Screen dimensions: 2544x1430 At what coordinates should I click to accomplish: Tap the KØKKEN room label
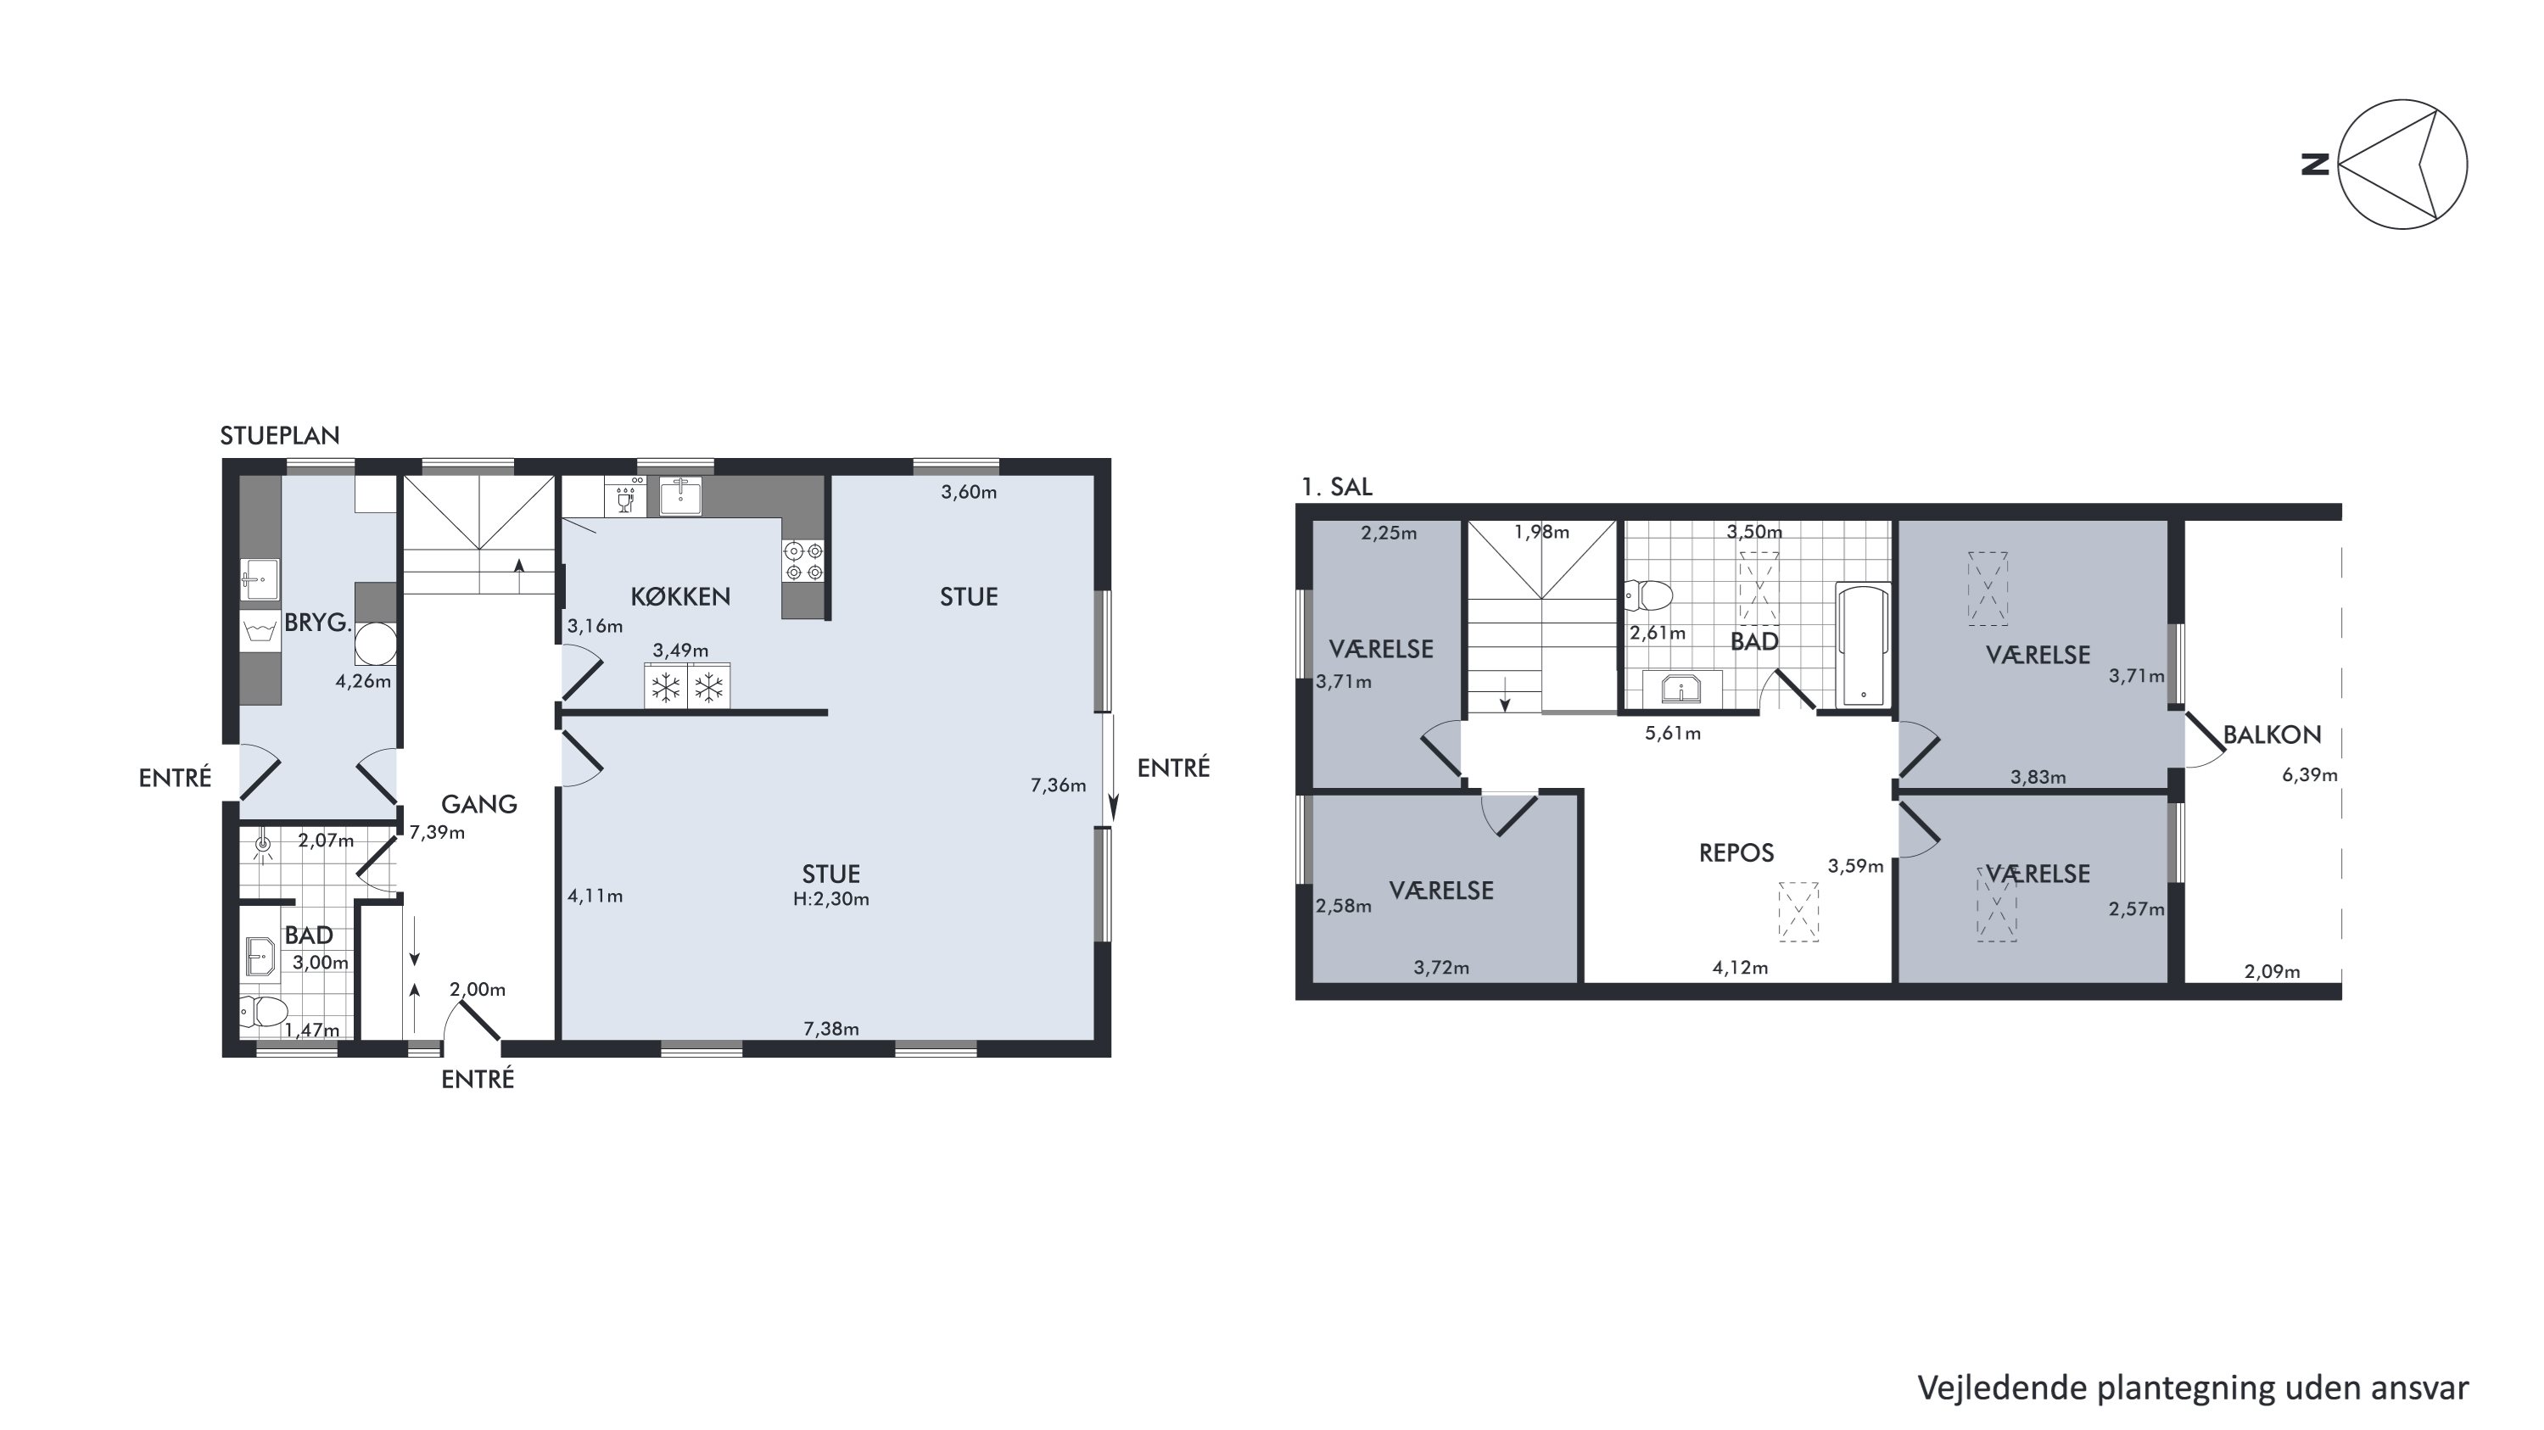coord(680,596)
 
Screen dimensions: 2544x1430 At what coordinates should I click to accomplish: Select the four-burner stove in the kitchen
coord(804,561)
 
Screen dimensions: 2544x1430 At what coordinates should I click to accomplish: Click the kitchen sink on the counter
coord(680,496)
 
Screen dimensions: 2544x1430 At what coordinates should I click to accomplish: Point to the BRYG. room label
coord(318,623)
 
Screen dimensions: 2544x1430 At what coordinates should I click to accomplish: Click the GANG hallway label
coord(479,804)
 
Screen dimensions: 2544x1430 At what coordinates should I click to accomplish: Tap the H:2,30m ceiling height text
coord(830,899)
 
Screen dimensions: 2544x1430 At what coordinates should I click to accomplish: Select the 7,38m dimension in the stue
coord(830,1029)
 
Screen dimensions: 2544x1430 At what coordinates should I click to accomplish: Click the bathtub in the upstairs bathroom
coord(1863,645)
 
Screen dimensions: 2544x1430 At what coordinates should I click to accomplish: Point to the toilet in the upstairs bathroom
coord(1648,595)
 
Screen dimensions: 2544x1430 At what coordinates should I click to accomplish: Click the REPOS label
coord(1736,852)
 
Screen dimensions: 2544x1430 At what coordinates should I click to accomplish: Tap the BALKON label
coord(2272,735)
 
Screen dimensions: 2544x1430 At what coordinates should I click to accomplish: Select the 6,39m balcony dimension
coord(2309,775)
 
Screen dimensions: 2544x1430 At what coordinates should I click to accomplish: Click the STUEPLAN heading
coord(279,435)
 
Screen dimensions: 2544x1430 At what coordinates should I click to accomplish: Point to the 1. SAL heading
coord(1336,487)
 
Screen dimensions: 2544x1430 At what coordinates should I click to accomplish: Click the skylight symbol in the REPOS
coord(1798,912)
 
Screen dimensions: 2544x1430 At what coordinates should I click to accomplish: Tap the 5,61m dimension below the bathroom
coord(1673,734)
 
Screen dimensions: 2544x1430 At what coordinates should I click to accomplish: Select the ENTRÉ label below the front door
coord(477,1080)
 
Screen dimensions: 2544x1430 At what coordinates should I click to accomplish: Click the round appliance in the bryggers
coord(377,644)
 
